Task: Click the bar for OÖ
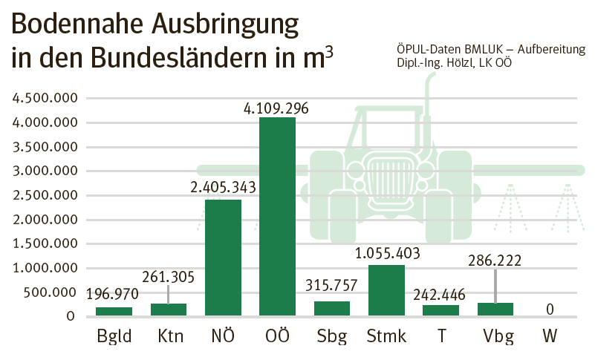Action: pos(277,217)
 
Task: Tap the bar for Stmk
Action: pos(386,290)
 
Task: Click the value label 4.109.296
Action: pos(276,108)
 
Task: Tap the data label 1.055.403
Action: pos(386,254)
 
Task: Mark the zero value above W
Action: pos(550,308)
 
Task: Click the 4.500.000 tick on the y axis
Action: pos(42,98)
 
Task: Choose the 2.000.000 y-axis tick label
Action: pos(42,220)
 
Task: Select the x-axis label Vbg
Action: pos(495,336)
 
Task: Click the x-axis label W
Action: pos(550,336)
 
